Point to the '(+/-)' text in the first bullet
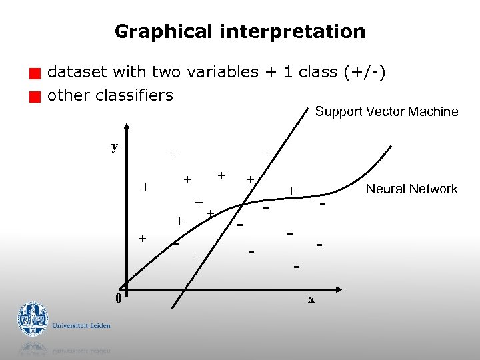[364, 72]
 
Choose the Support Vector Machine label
[386, 111]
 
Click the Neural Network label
[411, 189]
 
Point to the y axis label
[115, 147]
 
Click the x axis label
[311, 299]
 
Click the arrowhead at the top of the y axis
[127, 129]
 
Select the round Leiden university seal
[33, 319]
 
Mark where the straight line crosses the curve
[245, 201]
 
